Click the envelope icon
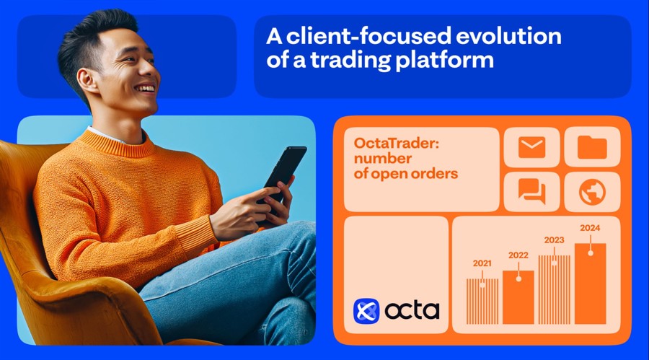click(531, 148)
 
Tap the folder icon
click(592, 148)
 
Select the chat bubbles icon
click(531, 191)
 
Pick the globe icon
click(592, 192)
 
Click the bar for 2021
click(482, 302)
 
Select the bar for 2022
click(518, 297)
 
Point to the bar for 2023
click(554, 289)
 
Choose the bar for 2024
click(590, 284)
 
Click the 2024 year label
click(590, 229)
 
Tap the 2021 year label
click(482, 263)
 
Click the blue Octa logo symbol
click(366, 311)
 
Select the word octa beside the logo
click(412, 311)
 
